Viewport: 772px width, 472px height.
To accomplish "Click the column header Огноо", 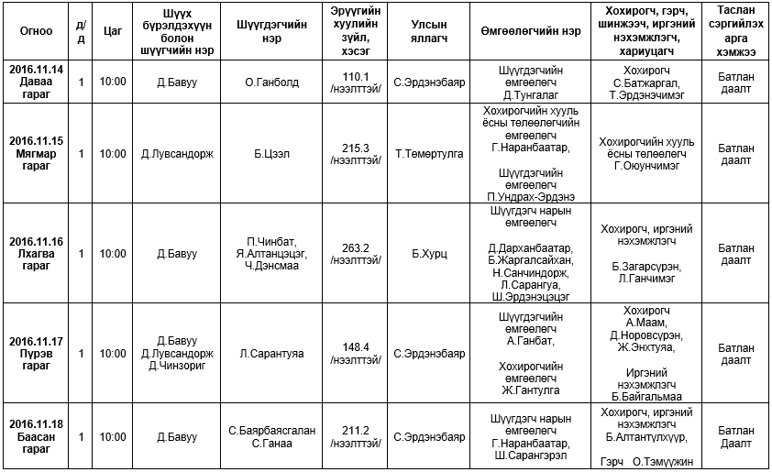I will tap(36, 30).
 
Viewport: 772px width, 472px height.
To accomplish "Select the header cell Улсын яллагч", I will tap(428, 30).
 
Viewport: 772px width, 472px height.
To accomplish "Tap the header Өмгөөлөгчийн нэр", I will tap(530, 30).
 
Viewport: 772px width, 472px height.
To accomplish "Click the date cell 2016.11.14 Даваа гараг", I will tap(36, 82).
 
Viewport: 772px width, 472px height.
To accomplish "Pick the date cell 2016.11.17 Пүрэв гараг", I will tap(36, 353).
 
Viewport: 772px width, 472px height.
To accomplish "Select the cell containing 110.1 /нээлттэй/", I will tap(354, 82).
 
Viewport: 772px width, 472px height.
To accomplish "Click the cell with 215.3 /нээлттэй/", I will tap(354, 153).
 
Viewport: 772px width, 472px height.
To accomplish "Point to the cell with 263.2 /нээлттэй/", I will tap(354, 253).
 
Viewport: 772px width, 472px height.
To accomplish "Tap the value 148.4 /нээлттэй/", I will tap(354, 353).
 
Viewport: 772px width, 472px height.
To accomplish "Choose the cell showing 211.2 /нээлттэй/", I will tap(354, 436).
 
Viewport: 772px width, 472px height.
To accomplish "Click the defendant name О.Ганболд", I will tap(271, 82).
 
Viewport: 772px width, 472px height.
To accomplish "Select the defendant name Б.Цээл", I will tap(271, 153).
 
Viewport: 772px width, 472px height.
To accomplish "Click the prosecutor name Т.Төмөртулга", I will tap(428, 153).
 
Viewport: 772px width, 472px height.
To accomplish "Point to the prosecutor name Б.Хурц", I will tap(428, 253).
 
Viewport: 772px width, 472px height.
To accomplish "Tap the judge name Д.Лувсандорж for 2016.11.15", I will tap(178, 153).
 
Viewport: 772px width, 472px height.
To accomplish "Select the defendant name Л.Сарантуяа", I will tap(271, 353).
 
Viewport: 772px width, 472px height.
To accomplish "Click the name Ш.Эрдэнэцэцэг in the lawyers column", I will tap(531, 296).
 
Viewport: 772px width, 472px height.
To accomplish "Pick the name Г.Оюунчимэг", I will tap(646, 166).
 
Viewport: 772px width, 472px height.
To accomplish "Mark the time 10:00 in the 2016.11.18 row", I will tap(113, 436).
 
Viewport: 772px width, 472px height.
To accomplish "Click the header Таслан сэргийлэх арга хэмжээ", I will tap(736, 30).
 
